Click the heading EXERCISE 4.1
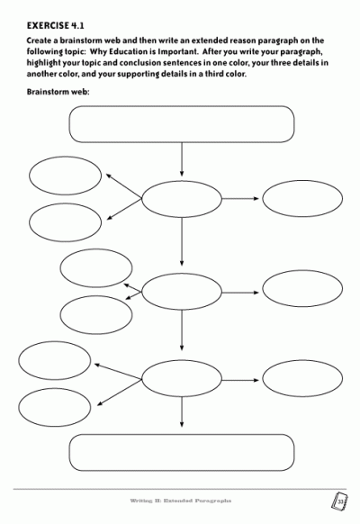pyautogui.click(x=56, y=26)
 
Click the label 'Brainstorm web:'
pyautogui.click(x=58, y=92)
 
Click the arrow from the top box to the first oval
pyautogui.click(x=182, y=159)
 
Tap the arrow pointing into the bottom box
pyautogui.click(x=182, y=412)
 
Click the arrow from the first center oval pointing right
pyautogui.click(x=240, y=198)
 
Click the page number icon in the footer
pyautogui.click(x=338, y=501)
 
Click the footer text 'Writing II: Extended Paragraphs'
pyautogui.click(x=181, y=501)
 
